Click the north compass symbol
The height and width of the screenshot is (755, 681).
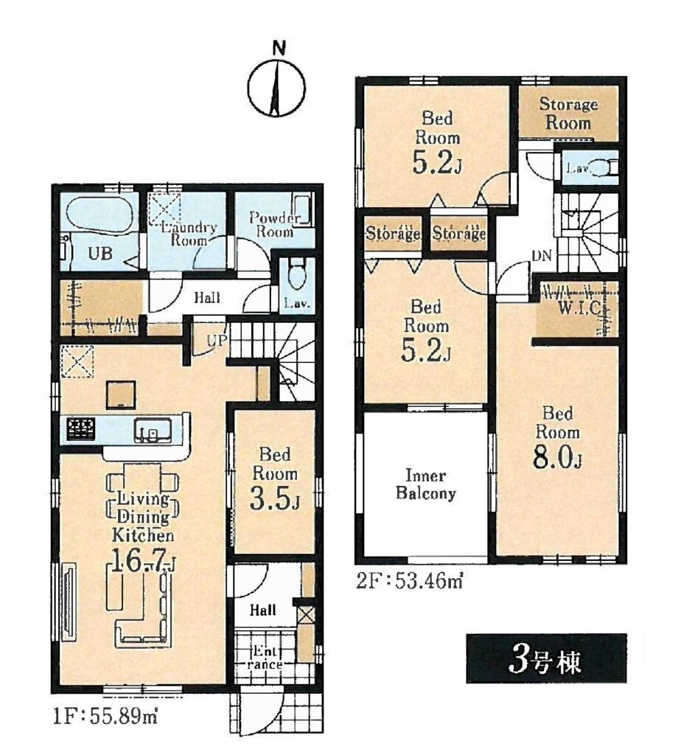pos(276,88)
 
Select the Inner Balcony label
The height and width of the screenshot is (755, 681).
pos(425,484)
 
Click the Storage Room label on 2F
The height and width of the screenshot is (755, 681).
pos(568,113)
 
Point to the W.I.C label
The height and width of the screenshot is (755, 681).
pos(579,307)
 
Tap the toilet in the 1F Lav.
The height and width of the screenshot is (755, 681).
pos(298,274)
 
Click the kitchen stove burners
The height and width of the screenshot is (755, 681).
pos(81,428)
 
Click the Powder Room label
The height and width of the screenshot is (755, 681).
pos(275,224)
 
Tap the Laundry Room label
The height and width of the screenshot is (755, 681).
pos(189,234)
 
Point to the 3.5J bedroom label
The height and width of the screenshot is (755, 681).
pos(275,478)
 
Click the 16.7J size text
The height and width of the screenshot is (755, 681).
pos(144,561)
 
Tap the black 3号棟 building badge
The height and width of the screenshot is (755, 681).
pos(546,658)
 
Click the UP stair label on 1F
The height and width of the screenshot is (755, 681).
pos(217,341)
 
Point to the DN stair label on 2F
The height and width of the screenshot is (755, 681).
pos(542,256)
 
